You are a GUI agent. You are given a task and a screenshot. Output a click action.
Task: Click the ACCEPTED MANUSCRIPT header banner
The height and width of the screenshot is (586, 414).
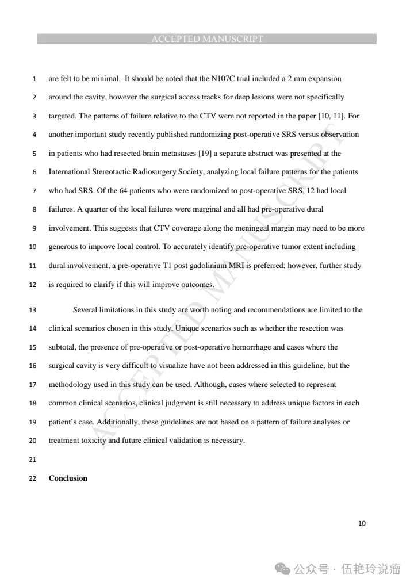click(207, 39)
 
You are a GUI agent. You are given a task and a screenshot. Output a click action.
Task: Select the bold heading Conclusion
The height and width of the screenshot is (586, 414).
click(68, 478)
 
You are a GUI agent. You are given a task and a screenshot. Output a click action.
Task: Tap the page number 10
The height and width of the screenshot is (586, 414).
click(362, 523)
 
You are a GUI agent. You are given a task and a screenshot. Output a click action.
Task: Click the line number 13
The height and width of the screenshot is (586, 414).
click(32, 311)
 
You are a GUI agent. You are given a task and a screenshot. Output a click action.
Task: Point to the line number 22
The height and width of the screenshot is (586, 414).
click(32, 478)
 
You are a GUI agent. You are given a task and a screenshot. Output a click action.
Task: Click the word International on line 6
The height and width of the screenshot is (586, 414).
click(69, 172)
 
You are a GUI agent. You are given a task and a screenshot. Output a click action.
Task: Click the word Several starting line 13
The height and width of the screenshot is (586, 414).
click(86, 310)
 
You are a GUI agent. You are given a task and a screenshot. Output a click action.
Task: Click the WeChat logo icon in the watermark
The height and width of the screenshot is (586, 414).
click(282, 569)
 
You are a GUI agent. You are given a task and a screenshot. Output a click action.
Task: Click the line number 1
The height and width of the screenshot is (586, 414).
click(34, 79)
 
